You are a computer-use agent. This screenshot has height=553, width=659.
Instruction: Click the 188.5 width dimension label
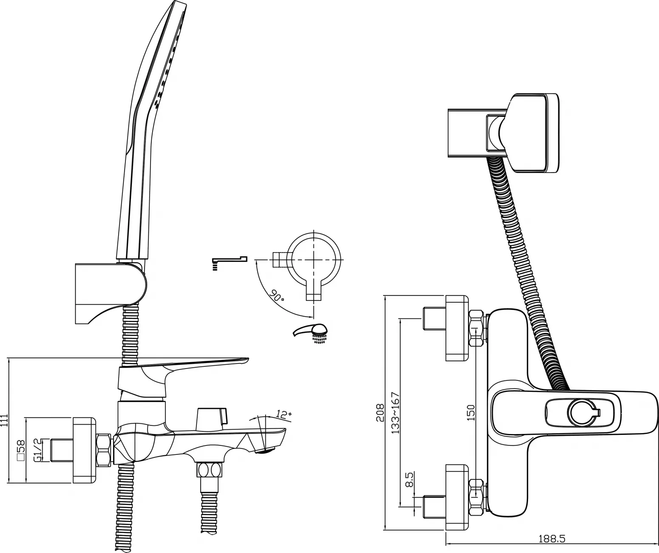552,539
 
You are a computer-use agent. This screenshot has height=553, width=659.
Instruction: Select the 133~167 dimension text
395,413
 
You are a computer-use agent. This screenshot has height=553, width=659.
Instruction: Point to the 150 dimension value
470,413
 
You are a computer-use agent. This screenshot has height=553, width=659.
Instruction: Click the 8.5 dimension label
409,488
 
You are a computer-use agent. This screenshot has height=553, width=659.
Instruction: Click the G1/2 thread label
37,451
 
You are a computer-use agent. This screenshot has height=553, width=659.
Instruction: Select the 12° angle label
283,414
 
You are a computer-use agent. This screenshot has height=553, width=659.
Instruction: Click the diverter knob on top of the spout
211,419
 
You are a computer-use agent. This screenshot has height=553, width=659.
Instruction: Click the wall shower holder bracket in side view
111,294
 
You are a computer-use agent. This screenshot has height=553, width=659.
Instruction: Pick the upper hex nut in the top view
476,329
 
